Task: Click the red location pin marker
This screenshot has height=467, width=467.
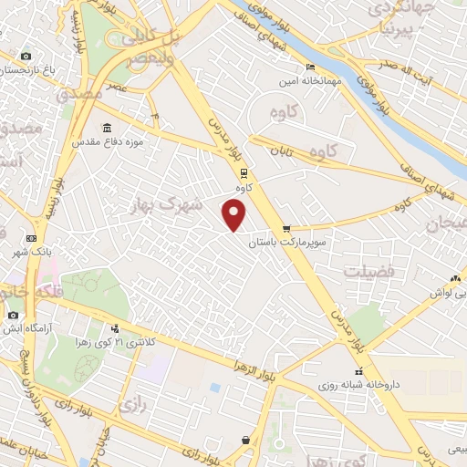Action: [234, 214]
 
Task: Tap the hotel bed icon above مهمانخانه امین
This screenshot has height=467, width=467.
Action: [310, 67]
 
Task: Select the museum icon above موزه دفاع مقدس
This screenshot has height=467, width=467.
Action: [108, 127]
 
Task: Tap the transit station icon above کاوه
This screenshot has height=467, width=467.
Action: [244, 172]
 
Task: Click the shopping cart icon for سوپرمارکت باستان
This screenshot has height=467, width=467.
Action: [286, 230]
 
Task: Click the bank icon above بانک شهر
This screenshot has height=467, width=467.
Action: [31, 237]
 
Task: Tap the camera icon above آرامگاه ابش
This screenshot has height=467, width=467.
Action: [13, 315]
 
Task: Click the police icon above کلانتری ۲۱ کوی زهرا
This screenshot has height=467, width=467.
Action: [115, 328]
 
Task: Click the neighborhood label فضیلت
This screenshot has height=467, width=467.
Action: [368, 272]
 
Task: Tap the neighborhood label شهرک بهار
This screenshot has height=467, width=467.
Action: [170, 206]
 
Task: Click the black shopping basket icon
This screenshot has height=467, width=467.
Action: [245, 441]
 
